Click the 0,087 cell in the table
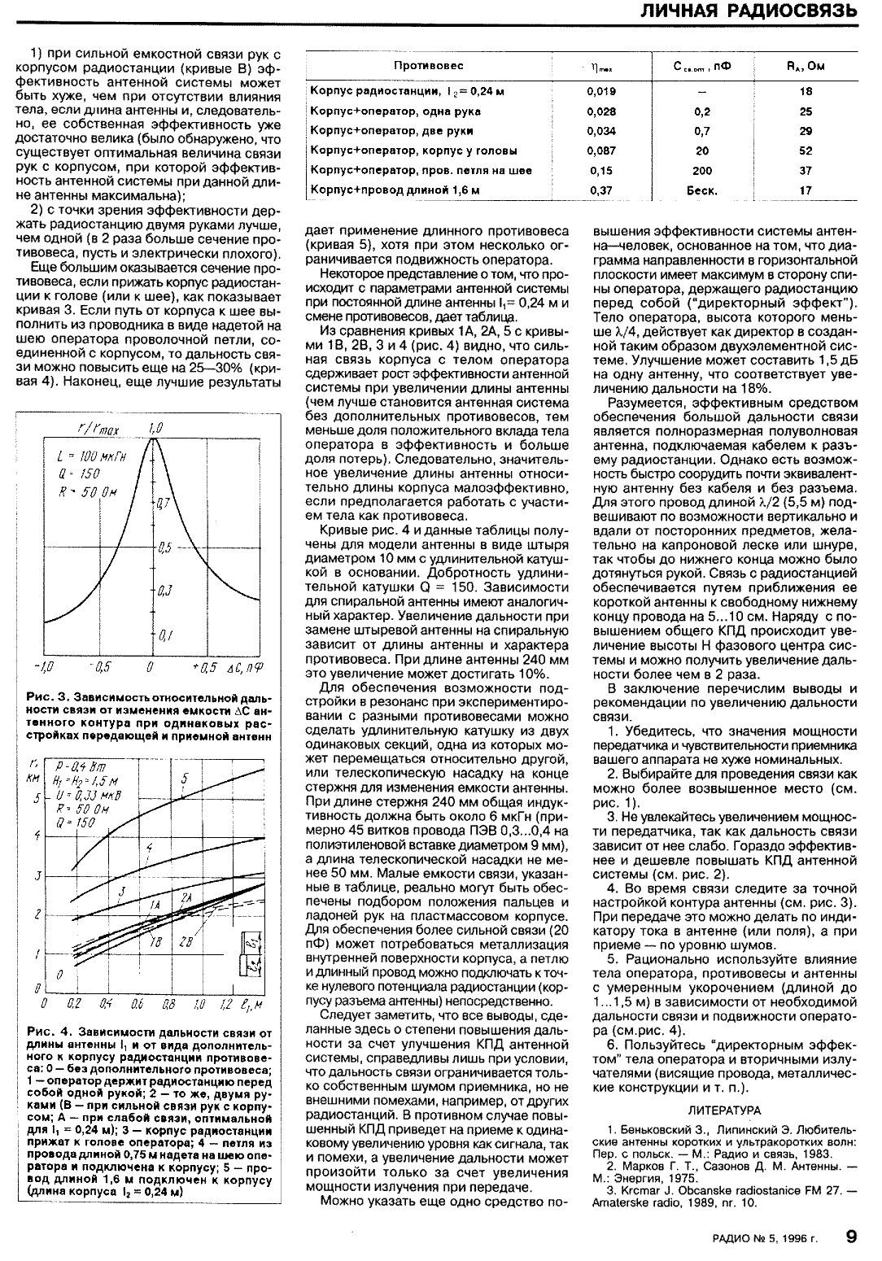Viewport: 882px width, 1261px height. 600,151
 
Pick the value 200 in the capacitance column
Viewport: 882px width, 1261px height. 702,171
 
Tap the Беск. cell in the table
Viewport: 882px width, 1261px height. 702,191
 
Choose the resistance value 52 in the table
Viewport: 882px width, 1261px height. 806,151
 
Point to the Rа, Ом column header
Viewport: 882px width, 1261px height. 806,66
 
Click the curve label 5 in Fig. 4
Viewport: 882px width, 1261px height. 184,779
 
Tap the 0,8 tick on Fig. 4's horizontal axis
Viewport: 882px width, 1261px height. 169,1004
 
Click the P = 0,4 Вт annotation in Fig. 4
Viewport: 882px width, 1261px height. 83,766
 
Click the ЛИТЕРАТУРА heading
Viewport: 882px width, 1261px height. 724,1110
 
